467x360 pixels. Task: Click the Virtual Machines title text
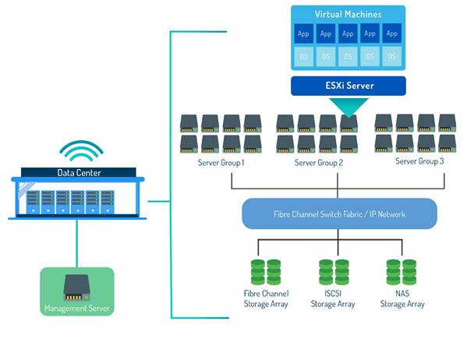(348, 15)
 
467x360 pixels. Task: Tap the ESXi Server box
(348, 85)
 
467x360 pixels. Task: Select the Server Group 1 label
(221, 163)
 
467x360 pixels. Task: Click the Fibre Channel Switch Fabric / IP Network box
(338, 213)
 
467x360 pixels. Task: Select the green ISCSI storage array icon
(332, 271)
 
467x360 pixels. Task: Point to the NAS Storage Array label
(402, 299)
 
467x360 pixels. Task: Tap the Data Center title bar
(79, 173)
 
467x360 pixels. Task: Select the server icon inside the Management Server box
(76, 286)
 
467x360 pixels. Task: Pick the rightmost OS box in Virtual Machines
(391, 56)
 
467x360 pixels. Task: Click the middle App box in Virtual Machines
(348, 34)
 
